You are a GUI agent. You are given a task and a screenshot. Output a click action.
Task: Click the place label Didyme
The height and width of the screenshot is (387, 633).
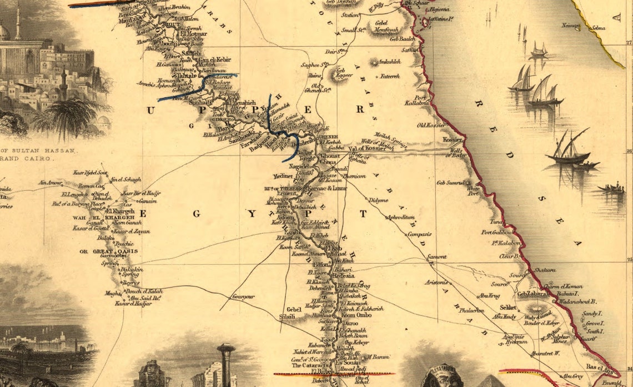[378, 199]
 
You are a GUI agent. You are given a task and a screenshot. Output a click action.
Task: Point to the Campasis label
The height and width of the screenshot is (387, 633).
[419, 234]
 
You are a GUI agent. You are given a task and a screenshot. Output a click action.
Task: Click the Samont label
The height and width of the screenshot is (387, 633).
[437, 257]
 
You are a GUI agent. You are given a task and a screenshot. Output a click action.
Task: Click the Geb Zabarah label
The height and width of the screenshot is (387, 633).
[533, 294]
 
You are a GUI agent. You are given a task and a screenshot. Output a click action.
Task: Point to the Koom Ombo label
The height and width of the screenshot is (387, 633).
[356, 315]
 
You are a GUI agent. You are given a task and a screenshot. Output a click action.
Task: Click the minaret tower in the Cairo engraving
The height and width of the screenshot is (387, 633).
[18, 22]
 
